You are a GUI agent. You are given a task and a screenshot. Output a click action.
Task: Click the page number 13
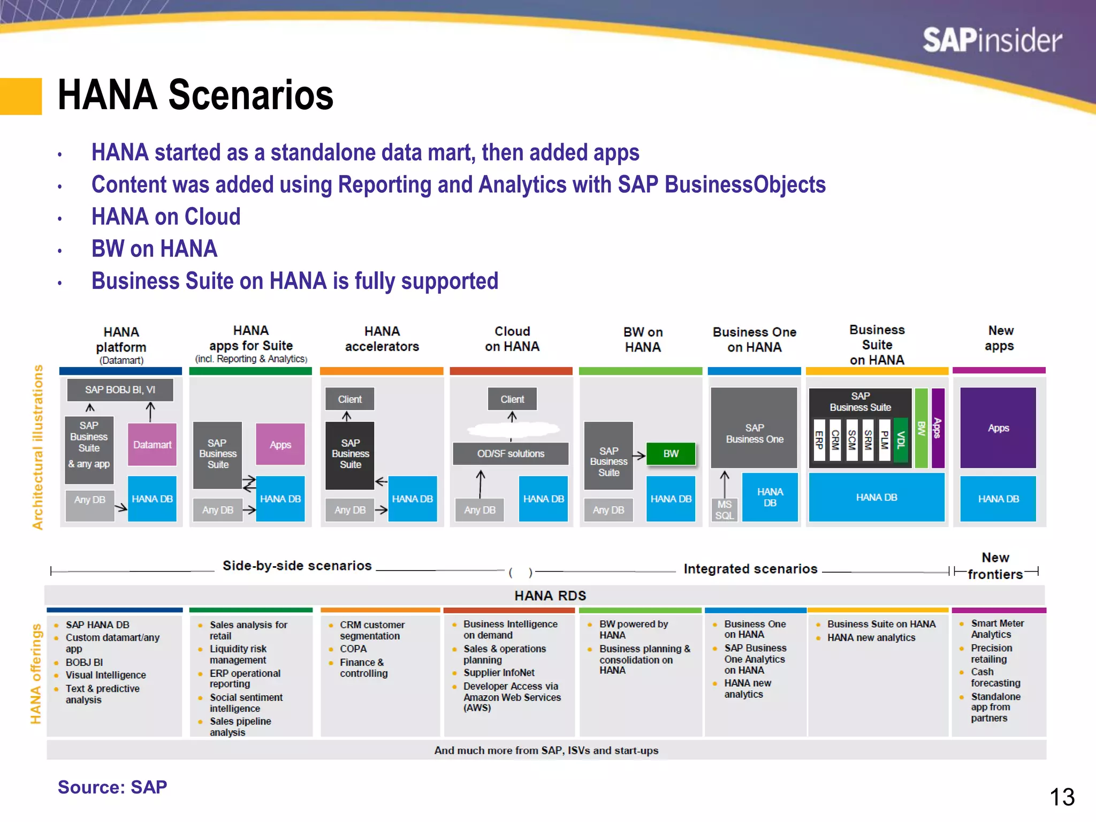pos(1062,797)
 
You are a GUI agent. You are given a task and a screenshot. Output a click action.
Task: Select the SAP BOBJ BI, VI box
pos(120,390)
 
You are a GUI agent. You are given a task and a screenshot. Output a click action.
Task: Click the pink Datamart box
pos(152,444)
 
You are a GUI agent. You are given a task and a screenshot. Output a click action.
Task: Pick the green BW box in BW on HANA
pos(671,454)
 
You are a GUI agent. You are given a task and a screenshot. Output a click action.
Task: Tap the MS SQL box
pos(724,510)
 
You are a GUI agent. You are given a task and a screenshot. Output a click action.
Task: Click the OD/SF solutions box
pos(511,454)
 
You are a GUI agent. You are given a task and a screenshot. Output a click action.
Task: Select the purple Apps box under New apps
pos(998,428)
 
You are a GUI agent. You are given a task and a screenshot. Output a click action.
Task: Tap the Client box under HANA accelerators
pos(349,399)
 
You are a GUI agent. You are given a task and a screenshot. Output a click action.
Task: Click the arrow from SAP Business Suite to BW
pos(640,456)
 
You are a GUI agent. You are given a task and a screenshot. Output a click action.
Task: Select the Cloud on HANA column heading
pos(512,339)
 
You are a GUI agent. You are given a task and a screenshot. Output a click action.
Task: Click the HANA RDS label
pos(550,596)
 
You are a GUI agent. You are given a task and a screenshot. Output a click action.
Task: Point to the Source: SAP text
pos(112,787)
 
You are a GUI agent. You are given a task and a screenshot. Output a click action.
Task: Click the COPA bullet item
pos(353,649)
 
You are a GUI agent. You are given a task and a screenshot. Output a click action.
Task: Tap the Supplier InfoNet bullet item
pos(499,673)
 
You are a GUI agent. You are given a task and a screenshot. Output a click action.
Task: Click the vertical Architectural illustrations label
pos(37,447)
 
